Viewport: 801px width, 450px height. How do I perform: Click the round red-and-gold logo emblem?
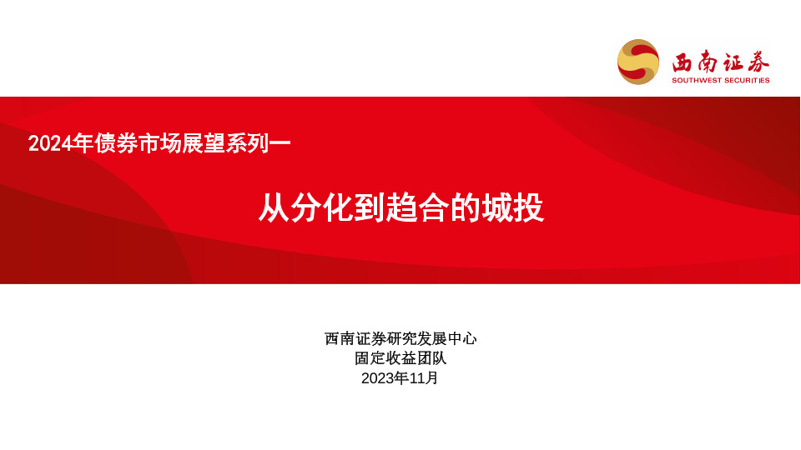pos(638,62)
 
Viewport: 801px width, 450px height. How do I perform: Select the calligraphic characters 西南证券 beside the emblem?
pos(720,62)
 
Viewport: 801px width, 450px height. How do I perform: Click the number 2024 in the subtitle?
pos(49,143)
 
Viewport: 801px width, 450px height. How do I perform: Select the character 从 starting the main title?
pos(274,207)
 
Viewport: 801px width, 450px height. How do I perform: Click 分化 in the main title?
pos(321,207)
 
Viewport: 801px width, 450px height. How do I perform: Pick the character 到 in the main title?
pos(369,207)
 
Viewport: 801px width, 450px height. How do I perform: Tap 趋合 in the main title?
pos(416,207)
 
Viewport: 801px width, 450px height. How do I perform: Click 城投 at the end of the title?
pos(512,207)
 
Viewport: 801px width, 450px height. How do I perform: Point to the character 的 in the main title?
pos(465,207)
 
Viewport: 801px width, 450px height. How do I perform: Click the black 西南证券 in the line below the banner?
pos(355,338)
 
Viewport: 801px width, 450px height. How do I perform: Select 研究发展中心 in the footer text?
pos(431,338)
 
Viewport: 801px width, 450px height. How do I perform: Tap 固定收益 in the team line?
pos(385,358)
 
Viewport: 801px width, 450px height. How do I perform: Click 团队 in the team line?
pos(431,358)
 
